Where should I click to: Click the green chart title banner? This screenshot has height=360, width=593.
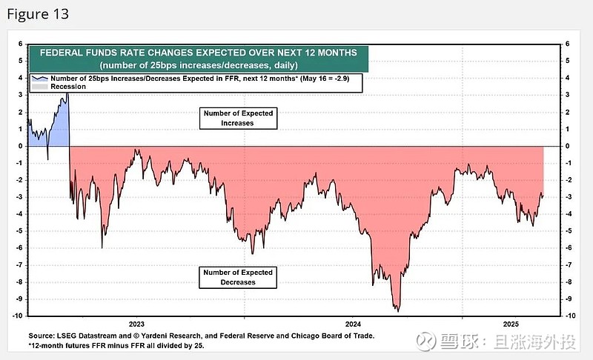click(198, 58)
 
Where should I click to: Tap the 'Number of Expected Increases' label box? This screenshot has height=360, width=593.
click(237, 118)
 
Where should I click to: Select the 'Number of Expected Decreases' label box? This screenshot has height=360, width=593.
click(237, 277)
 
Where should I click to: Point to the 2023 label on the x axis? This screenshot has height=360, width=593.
click(136, 324)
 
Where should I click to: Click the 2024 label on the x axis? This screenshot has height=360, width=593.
click(353, 324)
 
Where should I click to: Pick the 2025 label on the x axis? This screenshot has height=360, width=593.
click(511, 324)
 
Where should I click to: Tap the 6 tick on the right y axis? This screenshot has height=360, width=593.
click(568, 44)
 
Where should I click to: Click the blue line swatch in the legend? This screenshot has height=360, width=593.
click(38, 78)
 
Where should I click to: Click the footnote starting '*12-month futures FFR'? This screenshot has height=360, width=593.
click(116, 345)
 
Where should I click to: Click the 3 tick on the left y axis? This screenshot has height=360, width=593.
click(21, 95)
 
